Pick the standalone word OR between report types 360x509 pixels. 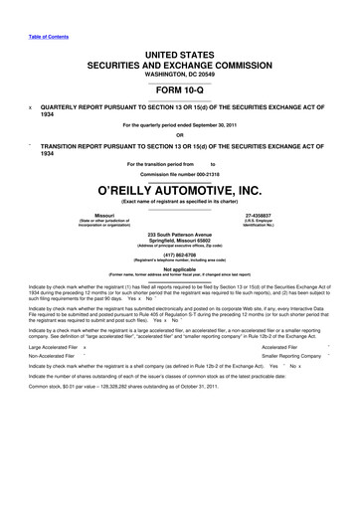[180, 136]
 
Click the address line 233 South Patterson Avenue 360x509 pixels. [180, 235]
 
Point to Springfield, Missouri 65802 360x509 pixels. [180, 242]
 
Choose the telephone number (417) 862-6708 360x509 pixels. [180, 254]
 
